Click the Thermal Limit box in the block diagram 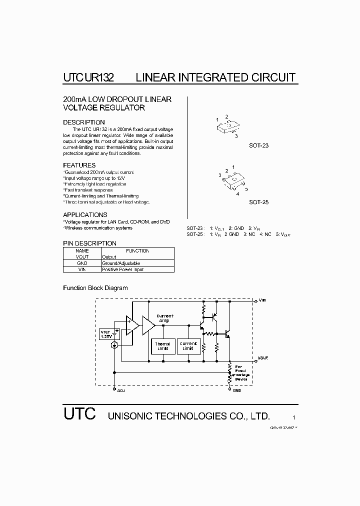pyautogui.click(x=162, y=346)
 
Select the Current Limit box pyautogui.click(x=188, y=346)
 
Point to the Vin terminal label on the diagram pyautogui.click(x=263, y=300)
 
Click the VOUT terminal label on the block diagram pyautogui.click(x=263, y=358)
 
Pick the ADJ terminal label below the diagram pyautogui.click(x=121, y=390)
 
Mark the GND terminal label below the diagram pyautogui.click(x=236, y=390)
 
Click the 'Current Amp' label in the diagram pyautogui.click(x=165, y=318)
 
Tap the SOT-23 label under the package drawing pyautogui.click(x=259, y=145)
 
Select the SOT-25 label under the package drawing pyautogui.click(x=259, y=202)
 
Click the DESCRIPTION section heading pyautogui.click(x=84, y=122)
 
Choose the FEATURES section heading pyautogui.click(x=79, y=165)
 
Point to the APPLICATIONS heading pyautogui.click(x=85, y=215)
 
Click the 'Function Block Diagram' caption pyautogui.click(x=95, y=288)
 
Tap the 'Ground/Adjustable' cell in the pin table pyautogui.click(x=121, y=263)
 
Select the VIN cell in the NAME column pyautogui.click(x=82, y=269)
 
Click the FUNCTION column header pyautogui.click(x=137, y=250)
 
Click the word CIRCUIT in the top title pyautogui.click(x=272, y=77)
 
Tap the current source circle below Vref pyautogui.click(x=114, y=345)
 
